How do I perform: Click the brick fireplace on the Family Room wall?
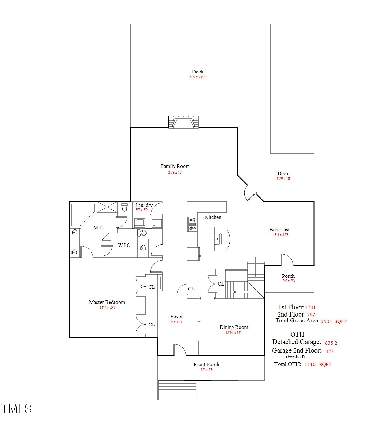[x=184, y=122]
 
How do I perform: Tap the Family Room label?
[x=175, y=166]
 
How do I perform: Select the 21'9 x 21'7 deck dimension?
[x=197, y=77]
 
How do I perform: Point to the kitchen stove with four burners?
[x=192, y=224]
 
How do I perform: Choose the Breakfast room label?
[x=279, y=230]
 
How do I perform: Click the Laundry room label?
[x=144, y=205]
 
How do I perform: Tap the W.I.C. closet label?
[x=125, y=245]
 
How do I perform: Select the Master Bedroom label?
[x=107, y=302]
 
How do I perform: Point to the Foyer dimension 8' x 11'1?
[x=176, y=322]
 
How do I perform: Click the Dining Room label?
[x=234, y=327]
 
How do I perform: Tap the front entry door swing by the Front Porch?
[x=179, y=349]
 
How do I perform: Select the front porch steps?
[x=177, y=390]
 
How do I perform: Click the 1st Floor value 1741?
[x=310, y=308]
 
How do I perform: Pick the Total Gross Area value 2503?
[x=326, y=321]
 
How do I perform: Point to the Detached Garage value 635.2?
[x=331, y=343]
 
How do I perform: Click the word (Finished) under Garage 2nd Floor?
[x=295, y=357]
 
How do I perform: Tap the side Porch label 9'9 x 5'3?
[x=288, y=281]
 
